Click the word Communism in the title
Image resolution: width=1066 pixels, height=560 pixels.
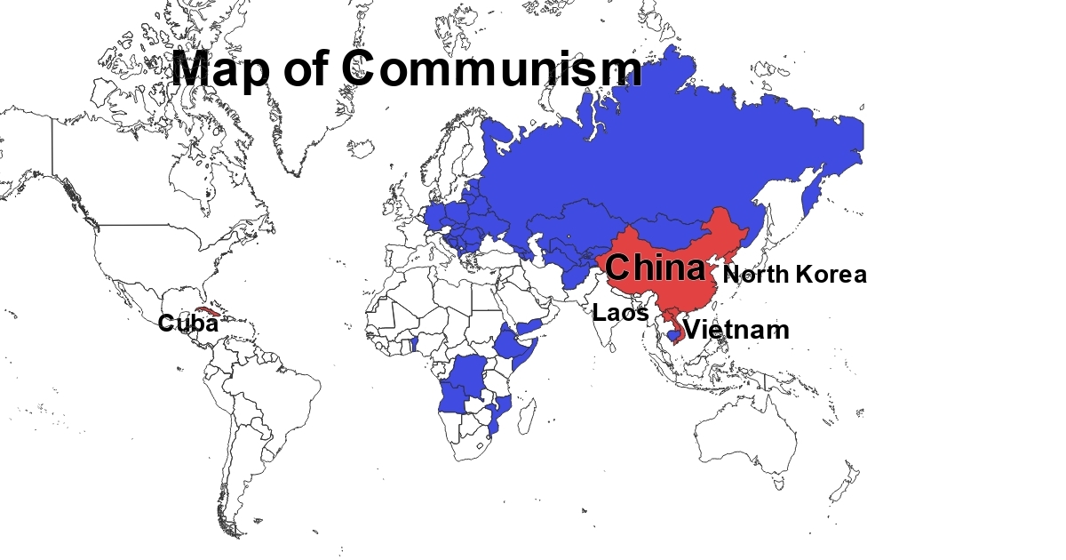(490, 69)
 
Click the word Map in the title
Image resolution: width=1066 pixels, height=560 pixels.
(219, 69)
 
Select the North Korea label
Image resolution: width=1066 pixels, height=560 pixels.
(795, 275)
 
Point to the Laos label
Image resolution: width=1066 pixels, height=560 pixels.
(621, 313)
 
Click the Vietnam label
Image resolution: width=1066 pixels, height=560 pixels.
(736, 331)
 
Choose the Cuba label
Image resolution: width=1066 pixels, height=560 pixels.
(187, 324)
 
